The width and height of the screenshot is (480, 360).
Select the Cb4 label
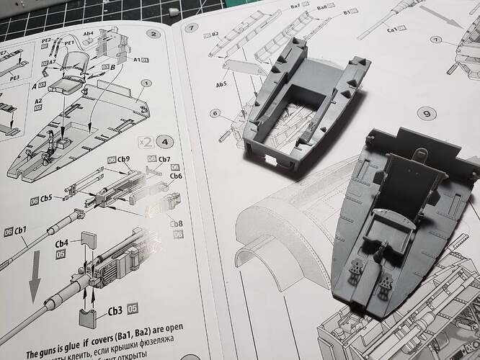coord(63,243)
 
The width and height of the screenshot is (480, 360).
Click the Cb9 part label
coord(123,159)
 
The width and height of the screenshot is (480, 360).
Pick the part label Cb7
coord(164,159)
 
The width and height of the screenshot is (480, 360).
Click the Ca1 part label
coord(394,31)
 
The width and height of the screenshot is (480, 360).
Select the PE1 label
coord(71,42)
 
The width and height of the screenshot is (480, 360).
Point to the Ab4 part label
coord(89,33)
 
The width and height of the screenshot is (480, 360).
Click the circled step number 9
coord(425,114)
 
